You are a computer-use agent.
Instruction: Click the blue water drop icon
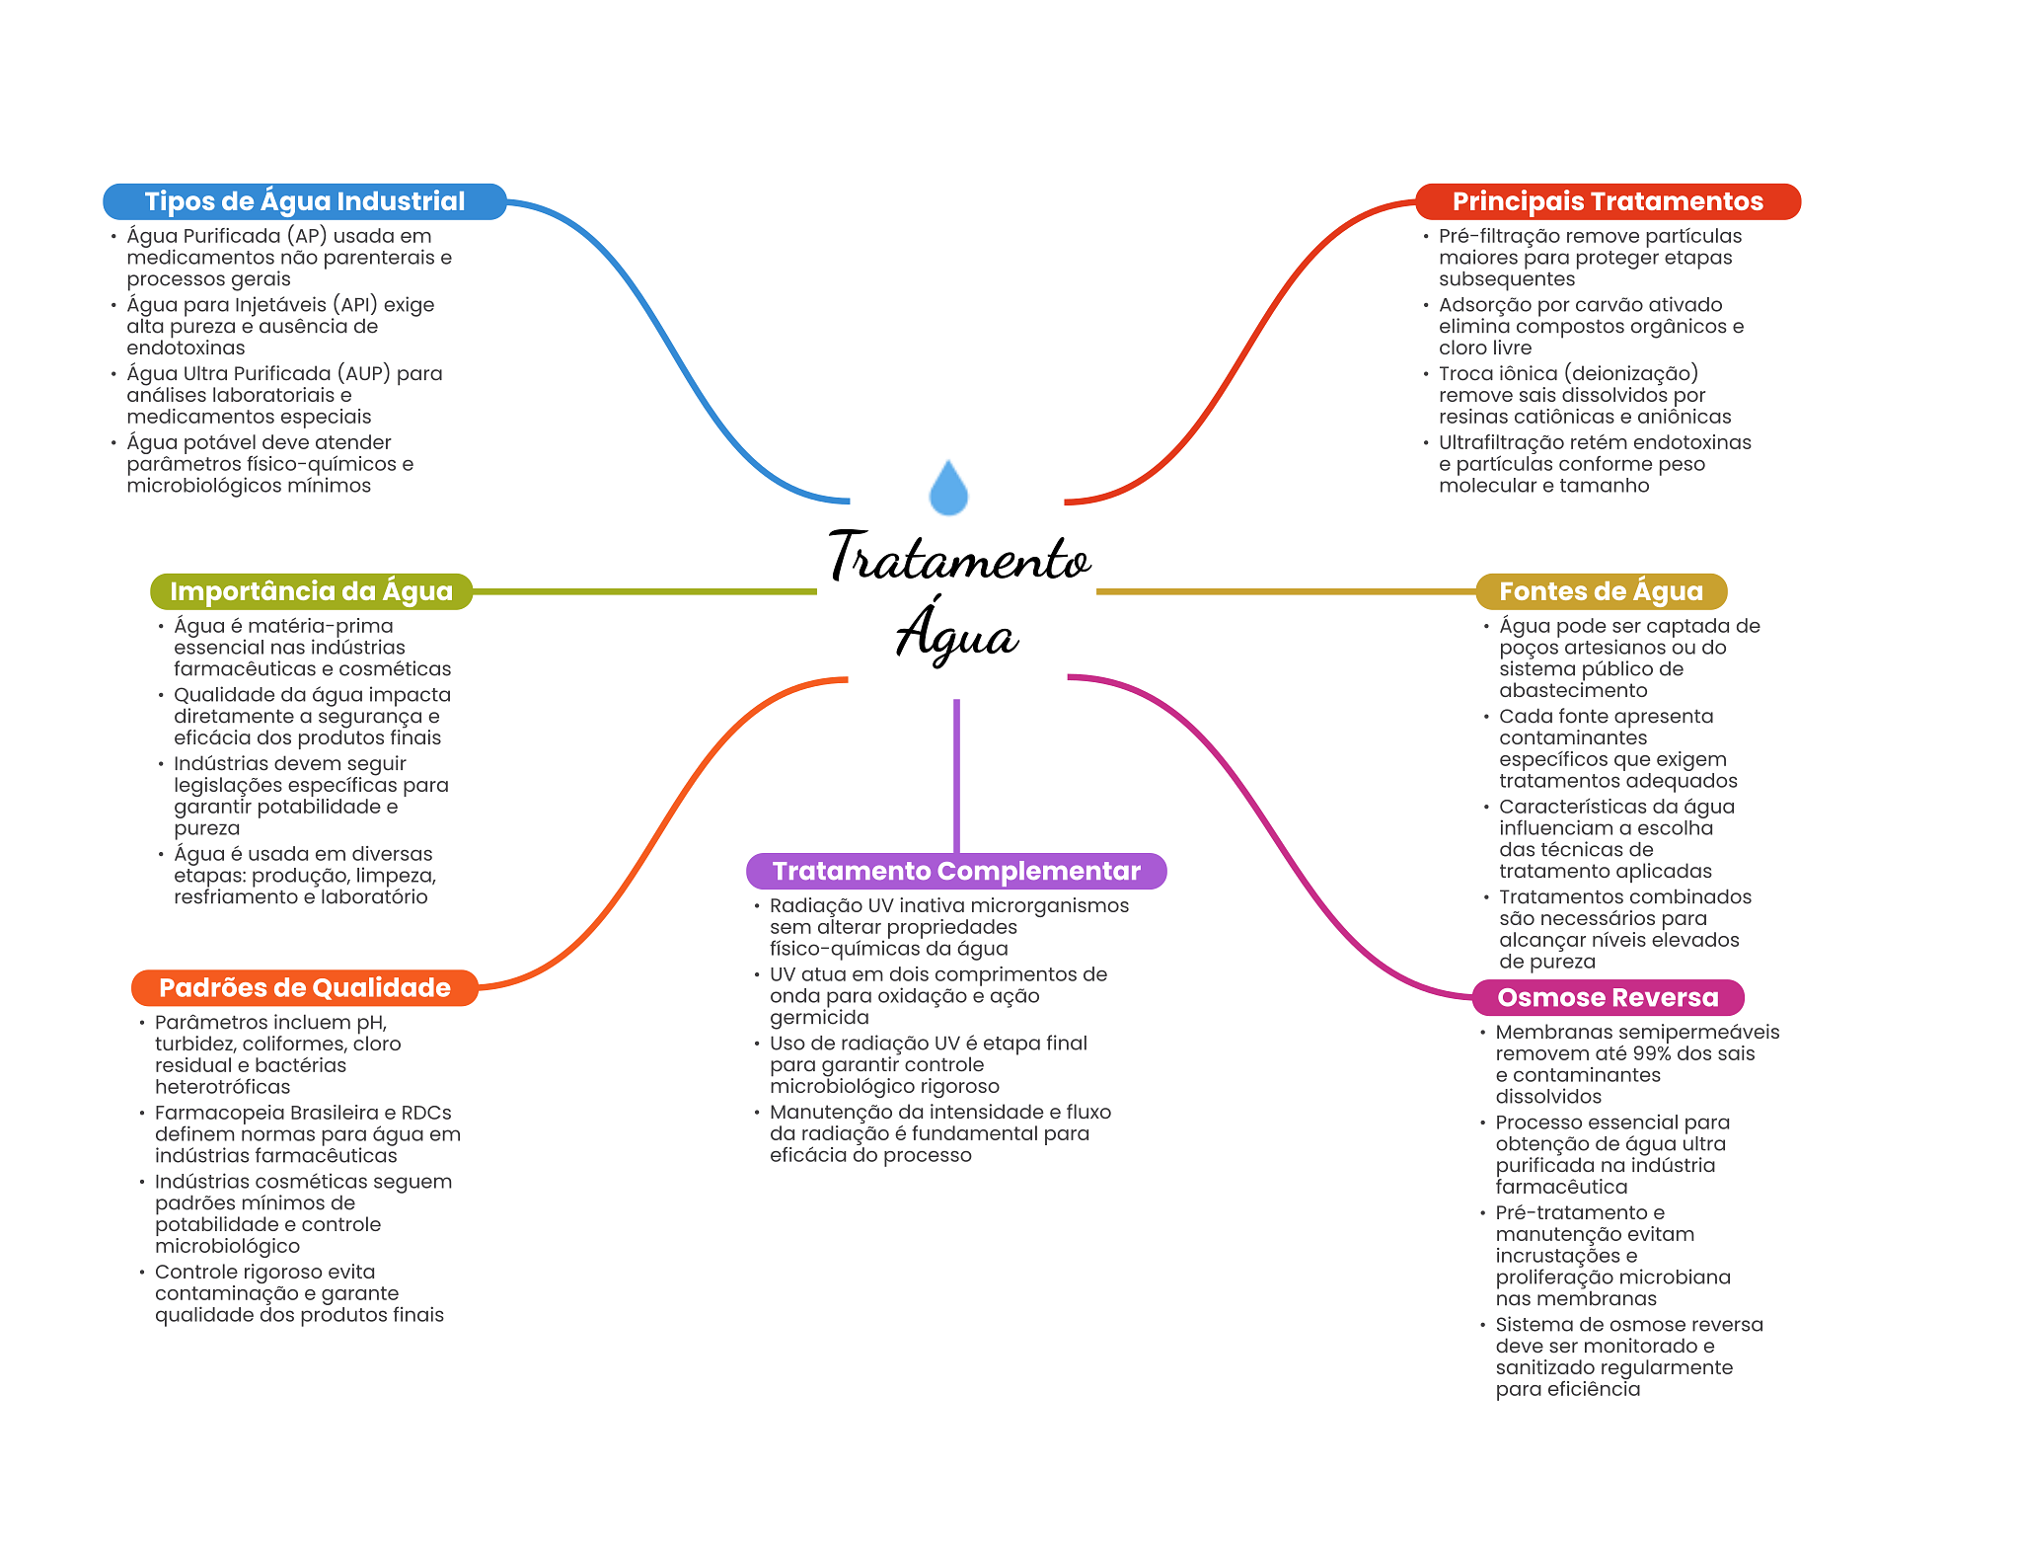(x=948, y=489)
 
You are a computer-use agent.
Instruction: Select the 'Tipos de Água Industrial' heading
(x=304, y=201)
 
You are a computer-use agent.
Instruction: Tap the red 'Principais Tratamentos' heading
(x=1607, y=201)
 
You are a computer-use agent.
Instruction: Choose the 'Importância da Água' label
(x=311, y=591)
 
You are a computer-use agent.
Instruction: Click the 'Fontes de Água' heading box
(x=1600, y=591)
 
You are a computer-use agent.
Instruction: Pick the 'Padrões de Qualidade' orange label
(x=304, y=988)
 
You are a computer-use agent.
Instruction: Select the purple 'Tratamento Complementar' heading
(x=955, y=871)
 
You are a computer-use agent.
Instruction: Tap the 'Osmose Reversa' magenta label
(x=1607, y=997)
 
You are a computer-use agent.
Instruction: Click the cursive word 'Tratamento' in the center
(x=959, y=558)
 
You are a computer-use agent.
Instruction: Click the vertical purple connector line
(x=956, y=775)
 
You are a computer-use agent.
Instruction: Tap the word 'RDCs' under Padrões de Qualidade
(x=426, y=1113)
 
